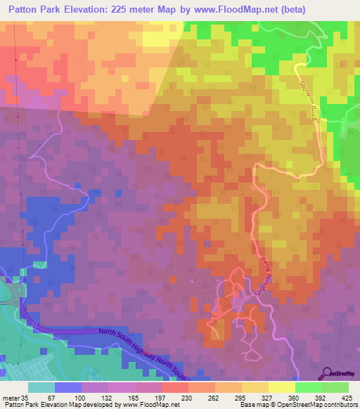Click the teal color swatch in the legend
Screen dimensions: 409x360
point(41,387)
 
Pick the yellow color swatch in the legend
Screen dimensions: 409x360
point(281,387)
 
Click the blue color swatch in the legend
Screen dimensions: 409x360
point(67,387)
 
